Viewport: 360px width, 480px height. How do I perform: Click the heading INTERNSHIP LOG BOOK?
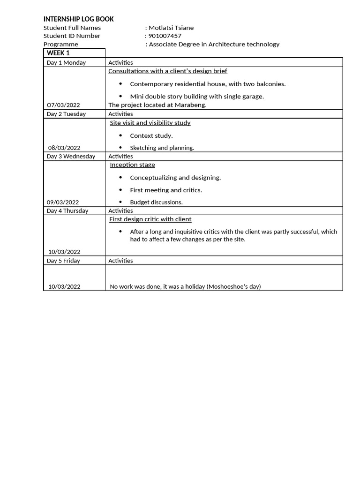pyautogui.click(x=78, y=19)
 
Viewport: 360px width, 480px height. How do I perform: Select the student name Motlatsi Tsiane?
pyautogui.click(x=171, y=28)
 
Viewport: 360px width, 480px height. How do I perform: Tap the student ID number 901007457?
pyautogui.click(x=165, y=36)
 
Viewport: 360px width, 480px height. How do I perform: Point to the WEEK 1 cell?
pyautogui.click(x=58, y=53)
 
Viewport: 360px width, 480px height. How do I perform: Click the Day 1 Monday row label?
pyautogui.click(x=66, y=62)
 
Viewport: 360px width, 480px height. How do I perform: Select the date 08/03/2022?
pyautogui.click(x=64, y=148)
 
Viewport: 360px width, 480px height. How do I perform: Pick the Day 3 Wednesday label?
pyautogui.click(x=71, y=156)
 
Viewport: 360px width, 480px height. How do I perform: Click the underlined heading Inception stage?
pyautogui.click(x=132, y=165)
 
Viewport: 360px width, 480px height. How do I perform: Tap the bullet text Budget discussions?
pyautogui.click(x=156, y=202)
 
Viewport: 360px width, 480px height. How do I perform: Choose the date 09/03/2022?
pyautogui.click(x=63, y=202)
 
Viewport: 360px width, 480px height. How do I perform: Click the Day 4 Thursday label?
pyautogui.click(x=67, y=210)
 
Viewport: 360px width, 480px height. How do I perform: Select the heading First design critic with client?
pyautogui.click(x=150, y=219)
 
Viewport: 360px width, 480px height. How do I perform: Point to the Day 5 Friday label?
pyautogui.click(x=63, y=261)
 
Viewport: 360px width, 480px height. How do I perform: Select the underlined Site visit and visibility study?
pyautogui.click(x=150, y=123)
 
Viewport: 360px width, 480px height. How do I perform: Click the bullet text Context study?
pyautogui.click(x=151, y=135)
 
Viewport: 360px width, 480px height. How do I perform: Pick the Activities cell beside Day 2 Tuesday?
pyautogui.click(x=120, y=114)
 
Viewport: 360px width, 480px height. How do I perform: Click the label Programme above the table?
pyautogui.click(x=61, y=44)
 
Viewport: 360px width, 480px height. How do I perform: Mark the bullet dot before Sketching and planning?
pyautogui.click(x=120, y=147)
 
